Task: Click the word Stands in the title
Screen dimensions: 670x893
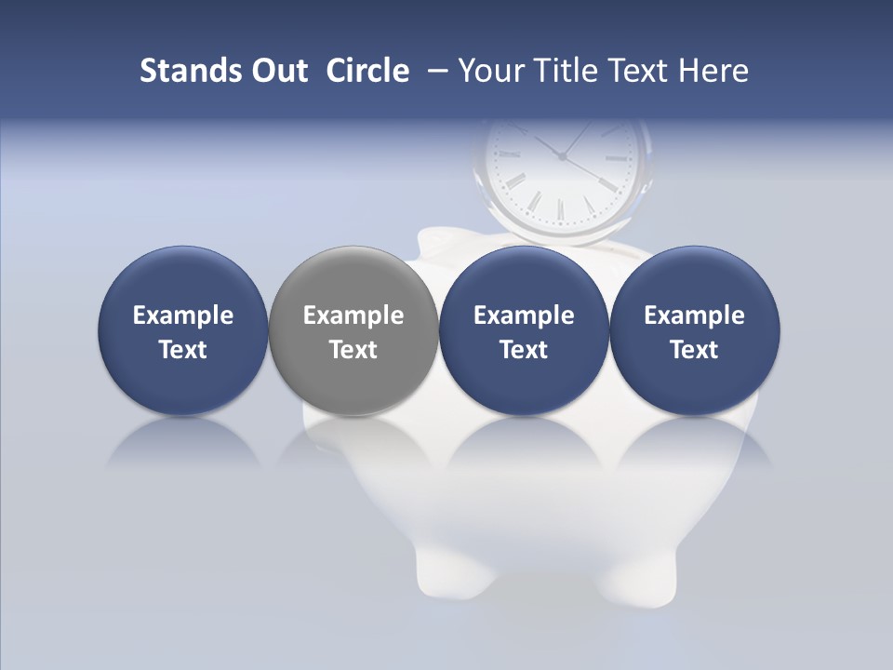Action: click(179, 71)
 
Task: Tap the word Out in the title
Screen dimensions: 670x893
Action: click(277, 71)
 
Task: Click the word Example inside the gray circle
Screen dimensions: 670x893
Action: click(353, 315)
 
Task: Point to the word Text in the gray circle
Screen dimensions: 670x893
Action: click(353, 350)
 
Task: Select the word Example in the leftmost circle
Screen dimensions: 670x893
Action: click(183, 315)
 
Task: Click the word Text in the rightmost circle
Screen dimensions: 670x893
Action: click(695, 350)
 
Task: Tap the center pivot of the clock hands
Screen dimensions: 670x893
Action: click(562, 156)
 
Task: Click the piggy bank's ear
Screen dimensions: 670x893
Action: click(435, 240)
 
